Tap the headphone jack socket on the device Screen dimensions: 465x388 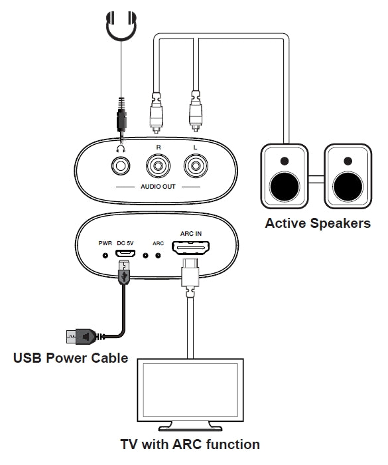pos(120,163)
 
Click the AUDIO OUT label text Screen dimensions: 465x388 pos(158,187)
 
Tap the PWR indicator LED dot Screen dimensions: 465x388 pos(105,254)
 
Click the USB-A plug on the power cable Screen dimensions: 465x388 pos(80,337)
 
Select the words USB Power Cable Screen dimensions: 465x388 pos(71,359)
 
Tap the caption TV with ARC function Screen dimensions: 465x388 pos(190,444)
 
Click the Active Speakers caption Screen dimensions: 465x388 pos(318,223)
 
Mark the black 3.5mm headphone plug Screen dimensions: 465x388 pos(120,120)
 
